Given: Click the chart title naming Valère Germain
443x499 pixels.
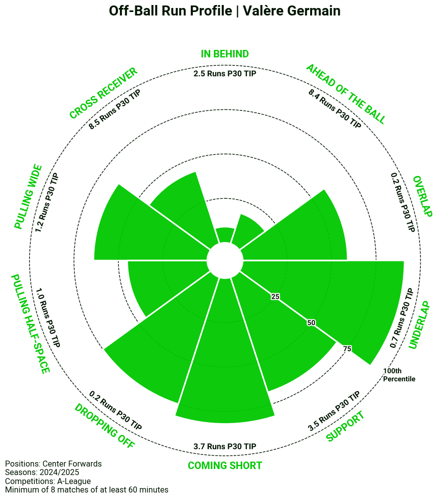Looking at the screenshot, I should coord(225,11).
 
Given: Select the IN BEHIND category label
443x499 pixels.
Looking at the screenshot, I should coord(225,54).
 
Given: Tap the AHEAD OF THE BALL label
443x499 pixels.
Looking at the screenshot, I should coord(346,94).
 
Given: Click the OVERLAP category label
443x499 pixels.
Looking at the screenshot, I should coord(422,196).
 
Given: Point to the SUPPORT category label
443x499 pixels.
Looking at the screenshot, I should coord(345,427).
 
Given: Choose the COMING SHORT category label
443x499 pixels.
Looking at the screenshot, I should coord(225,466).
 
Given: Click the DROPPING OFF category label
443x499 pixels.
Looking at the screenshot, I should coord(104,427).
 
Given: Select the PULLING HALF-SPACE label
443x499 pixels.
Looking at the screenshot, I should coord(30,323).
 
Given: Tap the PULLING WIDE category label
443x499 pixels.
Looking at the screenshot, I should coord(28,197).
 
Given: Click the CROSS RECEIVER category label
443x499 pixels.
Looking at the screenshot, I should coord(103,94).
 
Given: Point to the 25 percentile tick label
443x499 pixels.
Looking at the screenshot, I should coord(275,297).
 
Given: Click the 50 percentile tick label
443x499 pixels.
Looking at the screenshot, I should coord(311,323).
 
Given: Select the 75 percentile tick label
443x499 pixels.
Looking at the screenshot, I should coord(348,349).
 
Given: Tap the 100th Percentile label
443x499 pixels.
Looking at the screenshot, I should coord(399,375).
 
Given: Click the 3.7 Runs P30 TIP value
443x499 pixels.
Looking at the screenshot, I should coord(225,446).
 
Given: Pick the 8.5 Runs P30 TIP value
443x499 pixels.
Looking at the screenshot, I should coord(114,110).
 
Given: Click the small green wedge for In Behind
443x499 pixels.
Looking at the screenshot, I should coord(225,236).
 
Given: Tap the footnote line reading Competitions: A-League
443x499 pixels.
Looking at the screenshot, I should coord(48,481).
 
